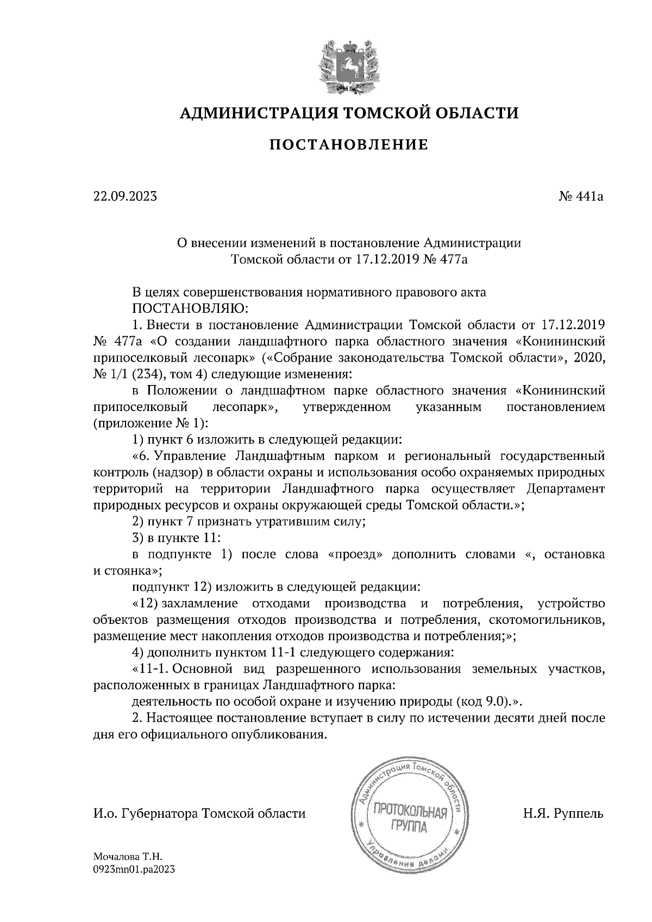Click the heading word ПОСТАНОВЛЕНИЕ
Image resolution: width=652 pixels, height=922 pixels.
[349, 145]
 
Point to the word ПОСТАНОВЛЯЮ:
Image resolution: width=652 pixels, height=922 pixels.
[190, 309]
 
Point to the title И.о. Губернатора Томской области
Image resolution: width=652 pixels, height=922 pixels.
[199, 814]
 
